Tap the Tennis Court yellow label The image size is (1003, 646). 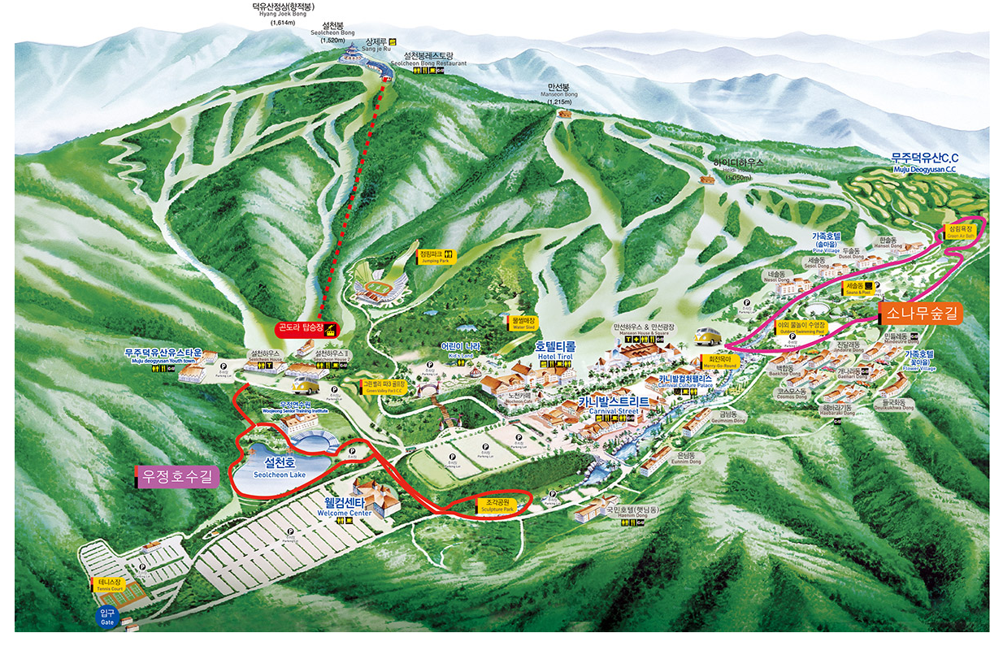coord(109,584)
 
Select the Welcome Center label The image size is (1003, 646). coord(344,509)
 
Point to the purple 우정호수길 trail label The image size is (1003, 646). coord(177,477)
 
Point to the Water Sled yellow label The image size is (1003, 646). coord(524,323)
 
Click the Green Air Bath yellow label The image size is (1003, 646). coord(962,232)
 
